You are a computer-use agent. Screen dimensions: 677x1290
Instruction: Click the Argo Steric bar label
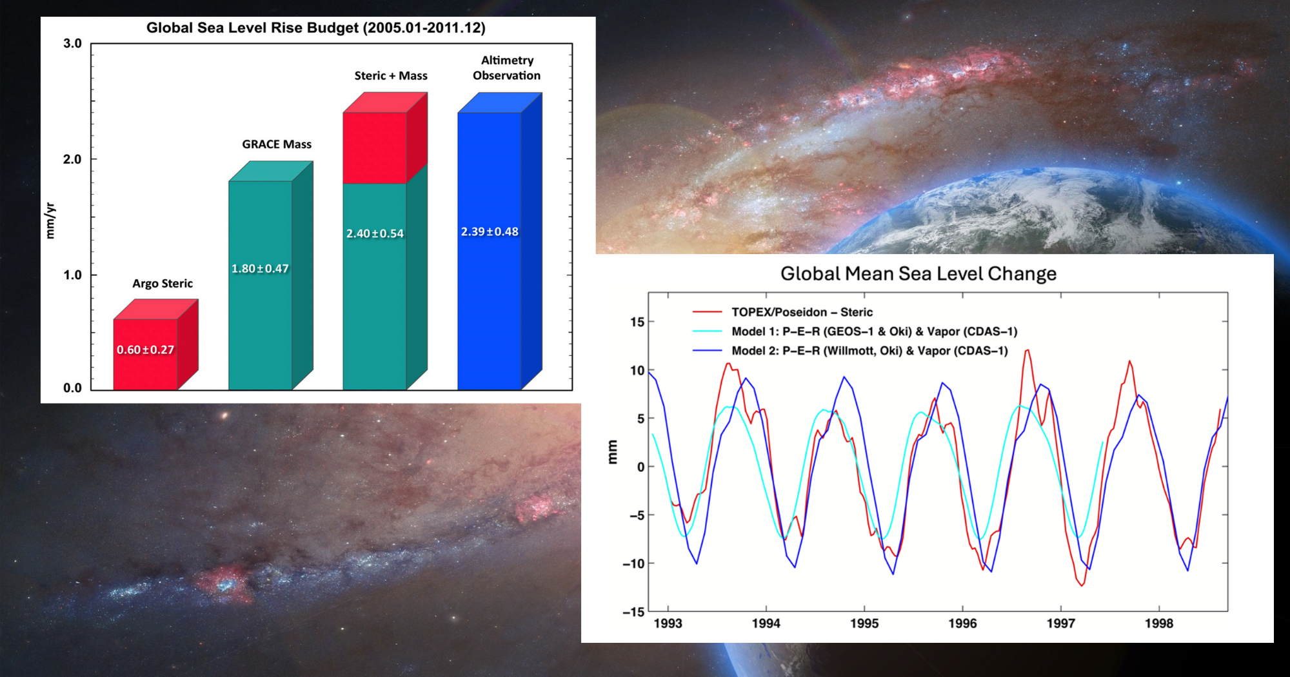click(x=163, y=284)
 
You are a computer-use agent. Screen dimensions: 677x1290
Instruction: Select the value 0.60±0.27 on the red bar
click(x=145, y=350)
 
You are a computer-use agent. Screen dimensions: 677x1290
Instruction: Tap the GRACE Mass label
click(x=277, y=144)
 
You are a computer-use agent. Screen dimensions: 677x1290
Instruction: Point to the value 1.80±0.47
click(x=260, y=269)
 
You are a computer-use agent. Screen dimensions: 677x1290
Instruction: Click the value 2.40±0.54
click(x=375, y=233)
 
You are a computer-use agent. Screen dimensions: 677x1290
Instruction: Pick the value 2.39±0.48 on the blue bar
click(x=490, y=232)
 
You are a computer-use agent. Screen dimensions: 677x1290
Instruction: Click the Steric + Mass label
click(x=391, y=76)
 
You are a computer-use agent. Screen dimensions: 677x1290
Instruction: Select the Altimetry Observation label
click(x=507, y=68)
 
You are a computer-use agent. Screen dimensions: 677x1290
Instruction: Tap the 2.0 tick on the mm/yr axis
click(x=72, y=159)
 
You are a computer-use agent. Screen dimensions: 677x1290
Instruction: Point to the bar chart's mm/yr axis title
click(x=50, y=221)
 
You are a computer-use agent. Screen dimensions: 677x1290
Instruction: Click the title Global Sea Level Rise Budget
click(x=315, y=28)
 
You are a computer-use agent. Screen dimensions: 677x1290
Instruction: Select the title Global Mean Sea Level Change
click(x=918, y=274)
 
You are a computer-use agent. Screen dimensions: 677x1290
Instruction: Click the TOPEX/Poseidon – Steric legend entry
click(x=802, y=312)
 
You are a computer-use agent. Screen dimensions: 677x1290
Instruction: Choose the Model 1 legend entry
click(x=874, y=331)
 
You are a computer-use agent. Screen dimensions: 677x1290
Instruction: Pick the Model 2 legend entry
click(x=869, y=351)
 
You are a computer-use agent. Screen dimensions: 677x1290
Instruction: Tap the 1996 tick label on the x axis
click(x=962, y=623)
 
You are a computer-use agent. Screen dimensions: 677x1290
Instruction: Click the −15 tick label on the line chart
click(x=634, y=612)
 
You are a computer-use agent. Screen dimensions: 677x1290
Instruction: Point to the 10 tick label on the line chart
click(x=637, y=371)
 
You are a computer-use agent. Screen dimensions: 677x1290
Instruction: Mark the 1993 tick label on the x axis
click(x=668, y=623)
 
